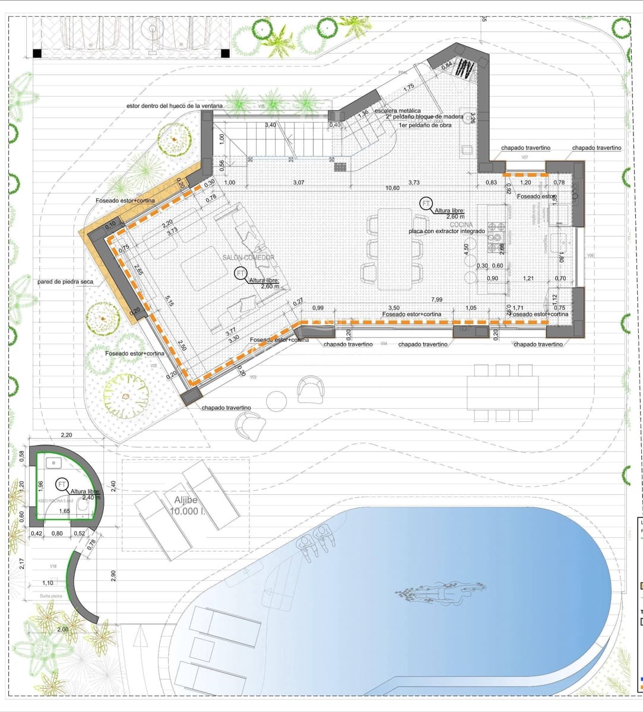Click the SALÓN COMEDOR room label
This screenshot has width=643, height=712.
[248, 258]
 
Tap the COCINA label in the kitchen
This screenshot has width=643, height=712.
[461, 225]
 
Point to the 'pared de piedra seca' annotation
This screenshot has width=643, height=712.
[64, 282]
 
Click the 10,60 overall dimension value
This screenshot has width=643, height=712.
[392, 188]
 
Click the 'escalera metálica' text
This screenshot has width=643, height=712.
[397, 111]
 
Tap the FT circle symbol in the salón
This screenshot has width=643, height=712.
[240, 274]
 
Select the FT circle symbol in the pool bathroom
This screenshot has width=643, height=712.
[62, 485]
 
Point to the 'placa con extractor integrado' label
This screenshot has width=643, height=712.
[446, 231]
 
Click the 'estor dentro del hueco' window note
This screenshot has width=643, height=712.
[175, 106]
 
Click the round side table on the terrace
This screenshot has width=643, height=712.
[277, 401]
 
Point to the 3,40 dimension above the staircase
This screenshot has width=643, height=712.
[270, 125]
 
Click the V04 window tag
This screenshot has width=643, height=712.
[384, 344]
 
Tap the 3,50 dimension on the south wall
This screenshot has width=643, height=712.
[393, 308]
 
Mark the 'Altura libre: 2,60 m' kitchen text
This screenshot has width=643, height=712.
[449, 214]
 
